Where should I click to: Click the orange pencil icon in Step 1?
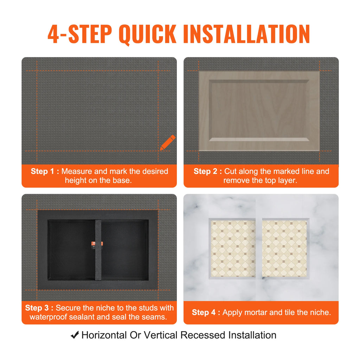click(167, 142)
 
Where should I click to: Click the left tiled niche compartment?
click(233, 248)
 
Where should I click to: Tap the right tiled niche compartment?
click(284, 248)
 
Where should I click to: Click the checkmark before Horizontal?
click(75, 335)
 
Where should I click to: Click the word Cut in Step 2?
click(231, 172)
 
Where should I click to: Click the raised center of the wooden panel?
click(259, 110)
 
